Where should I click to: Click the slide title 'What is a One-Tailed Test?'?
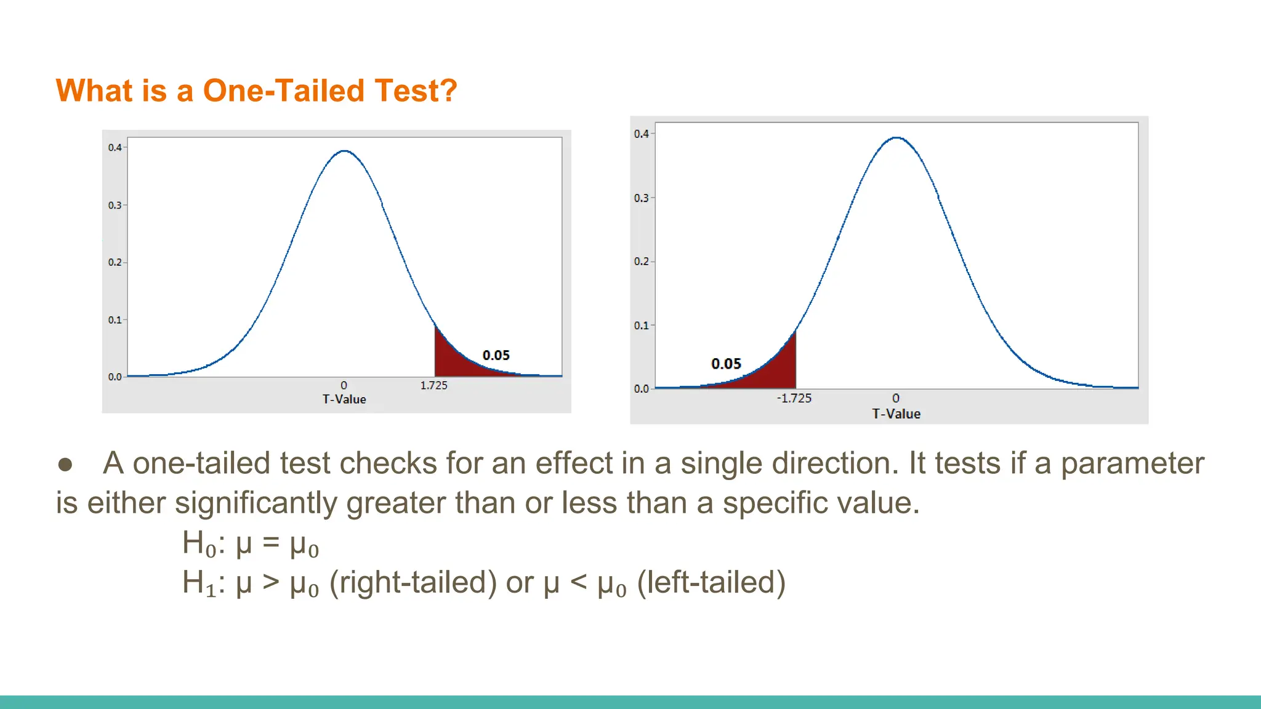point(256,91)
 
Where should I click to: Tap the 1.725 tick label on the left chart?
point(433,385)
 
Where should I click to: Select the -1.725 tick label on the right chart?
point(794,398)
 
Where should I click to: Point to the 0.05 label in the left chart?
point(496,355)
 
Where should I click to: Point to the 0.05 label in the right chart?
point(726,364)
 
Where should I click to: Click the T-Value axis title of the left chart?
point(344,399)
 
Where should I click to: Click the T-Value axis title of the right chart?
point(896,414)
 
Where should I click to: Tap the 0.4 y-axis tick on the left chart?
point(115,148)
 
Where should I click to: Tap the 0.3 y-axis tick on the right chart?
point(641,198)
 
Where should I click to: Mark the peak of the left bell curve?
point(345,151)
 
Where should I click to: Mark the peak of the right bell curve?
point(896,138)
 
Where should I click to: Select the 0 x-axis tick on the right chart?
point(896,398)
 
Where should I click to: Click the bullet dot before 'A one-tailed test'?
point(65,464)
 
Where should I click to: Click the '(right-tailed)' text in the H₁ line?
point(413,582)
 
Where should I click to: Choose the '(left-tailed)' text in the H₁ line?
point(711,582)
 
